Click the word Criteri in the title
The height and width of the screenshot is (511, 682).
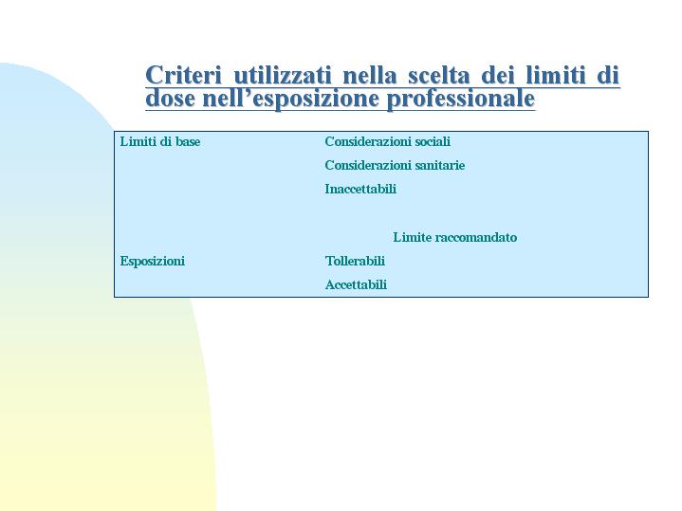click(184, 75)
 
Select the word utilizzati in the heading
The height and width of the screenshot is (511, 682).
click(283, 75)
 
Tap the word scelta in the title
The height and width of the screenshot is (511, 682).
click(439, 75)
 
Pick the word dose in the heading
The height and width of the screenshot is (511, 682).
click(170, 98)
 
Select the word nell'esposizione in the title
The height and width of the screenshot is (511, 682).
click(290, 99)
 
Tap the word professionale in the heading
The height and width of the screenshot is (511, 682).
click(461, 99)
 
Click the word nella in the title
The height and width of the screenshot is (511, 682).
click(370, 75)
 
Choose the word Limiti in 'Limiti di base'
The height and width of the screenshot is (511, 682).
click(137, 141)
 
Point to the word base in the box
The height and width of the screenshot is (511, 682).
click(188, 141)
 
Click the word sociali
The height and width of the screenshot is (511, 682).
click(433, 141)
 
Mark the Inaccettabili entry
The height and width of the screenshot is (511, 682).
click(360, 190)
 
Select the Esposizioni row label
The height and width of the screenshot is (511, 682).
click(152, 262)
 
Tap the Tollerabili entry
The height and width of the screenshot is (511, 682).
click(355, 261)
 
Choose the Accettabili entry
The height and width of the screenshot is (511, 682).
click(356, 284)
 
